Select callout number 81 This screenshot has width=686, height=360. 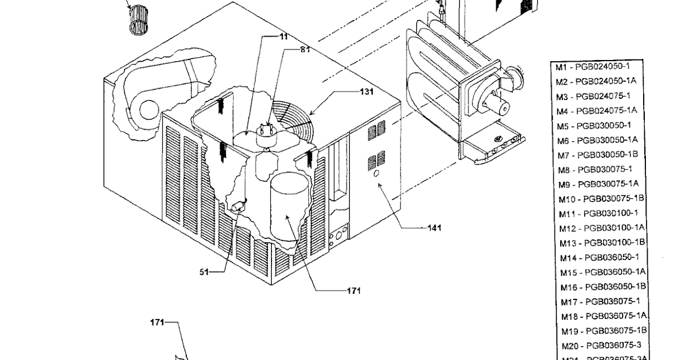[x=305, y=50]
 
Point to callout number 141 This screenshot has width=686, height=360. [x=434, y=228]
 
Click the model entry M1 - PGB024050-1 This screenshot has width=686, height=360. [x=592, y=66]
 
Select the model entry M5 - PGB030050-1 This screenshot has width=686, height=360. [x=594, y=125]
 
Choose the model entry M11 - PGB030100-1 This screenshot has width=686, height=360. [x=599, y=213]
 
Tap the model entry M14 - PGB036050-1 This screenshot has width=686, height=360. [x=599, y=258]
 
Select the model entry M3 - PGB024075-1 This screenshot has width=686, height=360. [x=593, y=95]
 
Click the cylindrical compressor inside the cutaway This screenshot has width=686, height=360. [x=289, y=206]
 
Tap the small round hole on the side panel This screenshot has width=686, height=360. [x=377, y=173]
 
